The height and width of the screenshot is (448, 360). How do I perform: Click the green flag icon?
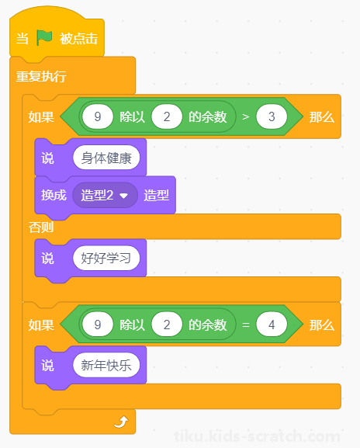[x=44, y=38]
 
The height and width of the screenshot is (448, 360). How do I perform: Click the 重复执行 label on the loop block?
[x=41, y=77]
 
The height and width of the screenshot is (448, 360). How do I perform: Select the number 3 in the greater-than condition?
[x=272, y=116]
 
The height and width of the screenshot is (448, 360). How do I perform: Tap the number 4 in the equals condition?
[x=272, y=325]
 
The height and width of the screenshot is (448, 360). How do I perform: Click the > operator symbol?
[x=246, y=116]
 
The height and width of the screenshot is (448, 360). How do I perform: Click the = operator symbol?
[x=246, y=325]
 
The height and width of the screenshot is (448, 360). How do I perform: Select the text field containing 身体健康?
[x=106, y=158]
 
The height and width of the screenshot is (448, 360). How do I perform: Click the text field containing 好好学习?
[x=106, y=259]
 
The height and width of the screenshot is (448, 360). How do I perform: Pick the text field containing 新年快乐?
[x=106, y=365]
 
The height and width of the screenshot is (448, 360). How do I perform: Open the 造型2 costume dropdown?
[x=105, y=196]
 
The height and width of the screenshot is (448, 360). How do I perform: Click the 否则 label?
[x=41, y=227]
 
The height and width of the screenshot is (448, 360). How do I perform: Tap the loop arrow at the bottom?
[x=121, y=422]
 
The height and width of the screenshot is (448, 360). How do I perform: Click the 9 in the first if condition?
[x=98, y=116]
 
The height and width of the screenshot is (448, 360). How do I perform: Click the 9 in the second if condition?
[x=98, y=325]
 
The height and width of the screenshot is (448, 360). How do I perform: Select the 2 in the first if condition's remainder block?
[x=167, y=116]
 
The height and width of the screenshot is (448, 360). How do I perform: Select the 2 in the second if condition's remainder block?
[x=167, y=325]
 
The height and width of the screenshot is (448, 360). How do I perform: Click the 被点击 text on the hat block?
[x=79, y=38]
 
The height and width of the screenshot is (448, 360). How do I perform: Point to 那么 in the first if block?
[x=322, y=117]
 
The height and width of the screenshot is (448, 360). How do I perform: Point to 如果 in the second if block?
[x=41, y=325]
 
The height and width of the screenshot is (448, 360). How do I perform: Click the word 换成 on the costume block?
[x=54, y=196]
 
